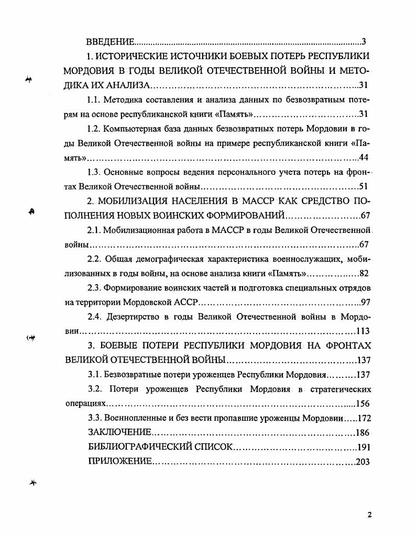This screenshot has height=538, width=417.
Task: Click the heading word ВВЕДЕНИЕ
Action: (111, 42)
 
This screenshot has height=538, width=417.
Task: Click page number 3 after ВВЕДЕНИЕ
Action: (364, 42)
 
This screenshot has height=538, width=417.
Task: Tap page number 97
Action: (365, 302)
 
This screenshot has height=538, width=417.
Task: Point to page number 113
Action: (363, 331)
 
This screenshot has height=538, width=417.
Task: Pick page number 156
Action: (363, 403)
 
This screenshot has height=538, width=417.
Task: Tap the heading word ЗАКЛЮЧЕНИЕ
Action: (120, 432)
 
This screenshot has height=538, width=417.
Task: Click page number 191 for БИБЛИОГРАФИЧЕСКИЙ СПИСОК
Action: (363, 447)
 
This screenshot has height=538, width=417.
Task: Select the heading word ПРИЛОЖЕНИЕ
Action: (120, 462)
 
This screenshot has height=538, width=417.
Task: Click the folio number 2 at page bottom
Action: (369, 515)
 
